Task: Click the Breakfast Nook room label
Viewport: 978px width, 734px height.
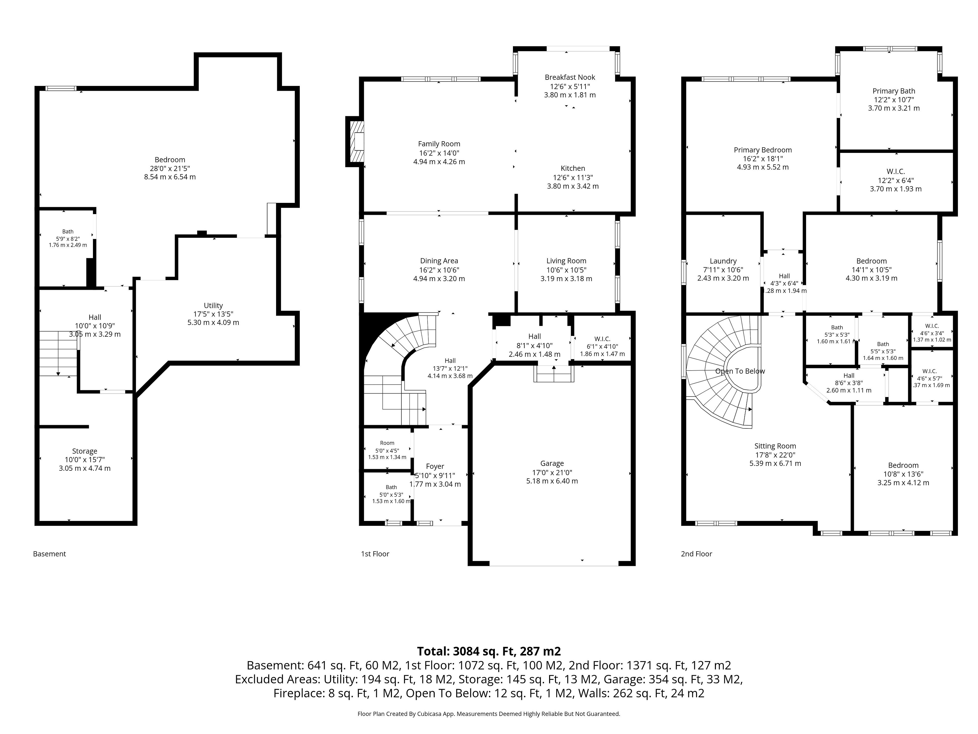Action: pos(570,77)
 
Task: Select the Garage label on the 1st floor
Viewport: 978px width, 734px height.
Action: pos(552,464)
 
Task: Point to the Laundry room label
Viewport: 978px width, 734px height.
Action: pos(723,261)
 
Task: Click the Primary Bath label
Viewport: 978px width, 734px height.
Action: pos(893,91)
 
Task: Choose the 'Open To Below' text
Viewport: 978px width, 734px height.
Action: pos(740,371)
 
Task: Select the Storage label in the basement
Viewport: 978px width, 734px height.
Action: pos(85,451)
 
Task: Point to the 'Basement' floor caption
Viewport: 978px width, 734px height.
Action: pos(49,554)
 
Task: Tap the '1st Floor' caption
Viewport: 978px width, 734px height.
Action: pos(375,554)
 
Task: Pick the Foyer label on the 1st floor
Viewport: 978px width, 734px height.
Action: pos(435,466)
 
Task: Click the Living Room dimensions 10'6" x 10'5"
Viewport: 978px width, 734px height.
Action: pos(566,270)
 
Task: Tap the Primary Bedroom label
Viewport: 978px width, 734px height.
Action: pos(763,150)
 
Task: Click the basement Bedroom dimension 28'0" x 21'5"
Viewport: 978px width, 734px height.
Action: pos(170,168)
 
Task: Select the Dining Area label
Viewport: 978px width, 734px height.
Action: pos(439,261)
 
